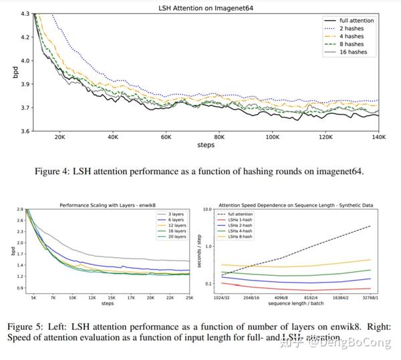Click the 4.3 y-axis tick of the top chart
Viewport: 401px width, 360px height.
(x=23, y=13)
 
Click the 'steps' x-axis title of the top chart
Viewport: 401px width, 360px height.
(x=205, y=145)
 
